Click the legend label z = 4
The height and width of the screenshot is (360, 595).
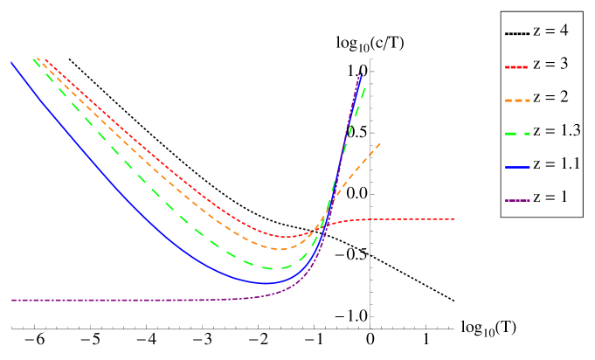click(550, 31)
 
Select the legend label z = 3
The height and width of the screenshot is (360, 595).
click(550, 65)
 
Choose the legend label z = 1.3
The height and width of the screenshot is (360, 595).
click(557, 131)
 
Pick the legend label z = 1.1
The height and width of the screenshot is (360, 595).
click(557, 164)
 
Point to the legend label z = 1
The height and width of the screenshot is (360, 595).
click(550, 197)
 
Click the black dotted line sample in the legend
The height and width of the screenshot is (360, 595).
click(517, 33)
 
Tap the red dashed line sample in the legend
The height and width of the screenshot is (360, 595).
click(517, 66)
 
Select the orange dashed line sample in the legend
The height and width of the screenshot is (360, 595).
click(517, 100)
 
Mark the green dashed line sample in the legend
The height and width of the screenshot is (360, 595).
click(517, 133)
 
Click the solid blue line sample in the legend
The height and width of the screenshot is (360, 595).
click(517, 166)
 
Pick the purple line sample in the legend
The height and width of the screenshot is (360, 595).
click(517, 199)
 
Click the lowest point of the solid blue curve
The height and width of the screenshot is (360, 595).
click(266, 283)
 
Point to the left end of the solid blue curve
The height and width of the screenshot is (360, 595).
click(11, 62)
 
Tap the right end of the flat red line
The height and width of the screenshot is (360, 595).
click(453, 218)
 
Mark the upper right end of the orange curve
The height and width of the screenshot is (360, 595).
click(380, 142)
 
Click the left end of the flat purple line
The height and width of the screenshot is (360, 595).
click(12, 300)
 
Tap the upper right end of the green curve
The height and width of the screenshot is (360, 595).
click(365, 86)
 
